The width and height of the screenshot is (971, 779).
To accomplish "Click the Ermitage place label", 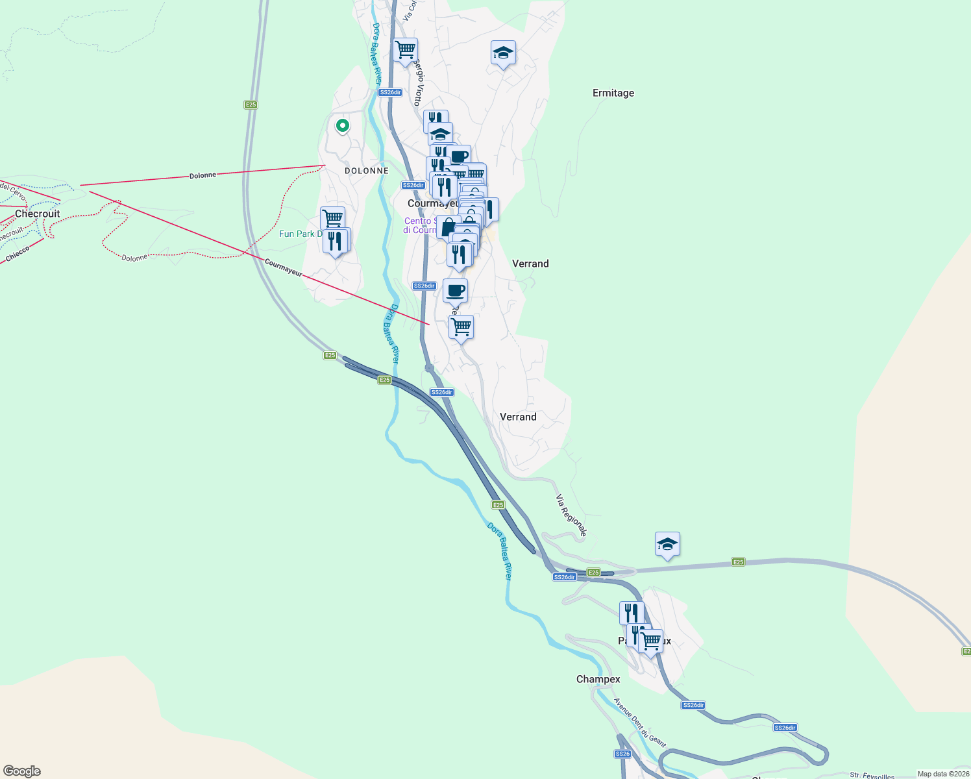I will point(613,93).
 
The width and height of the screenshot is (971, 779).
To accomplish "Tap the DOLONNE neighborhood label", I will point(367,171).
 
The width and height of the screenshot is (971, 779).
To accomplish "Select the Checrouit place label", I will point(37,214).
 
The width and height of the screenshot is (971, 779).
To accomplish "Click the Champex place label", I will point(598,679).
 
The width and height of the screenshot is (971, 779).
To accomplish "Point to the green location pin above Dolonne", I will point(342,125).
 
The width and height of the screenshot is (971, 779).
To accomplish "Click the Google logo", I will point(22,771).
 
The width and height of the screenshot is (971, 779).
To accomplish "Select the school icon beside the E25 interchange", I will point(667,544).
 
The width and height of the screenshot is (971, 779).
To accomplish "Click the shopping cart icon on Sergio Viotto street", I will point(405,49).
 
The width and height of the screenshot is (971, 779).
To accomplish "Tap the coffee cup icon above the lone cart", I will point(455,290).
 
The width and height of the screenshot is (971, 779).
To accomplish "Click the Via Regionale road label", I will point(571,515).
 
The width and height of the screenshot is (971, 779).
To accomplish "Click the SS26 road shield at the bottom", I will point(622,754).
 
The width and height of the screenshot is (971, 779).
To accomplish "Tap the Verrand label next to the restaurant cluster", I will point(530,264).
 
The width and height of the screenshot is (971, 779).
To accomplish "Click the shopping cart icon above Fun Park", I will point(332,217).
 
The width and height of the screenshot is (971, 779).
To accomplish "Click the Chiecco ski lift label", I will point(18,254).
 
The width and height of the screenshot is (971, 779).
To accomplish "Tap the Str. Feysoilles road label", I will point(872,775).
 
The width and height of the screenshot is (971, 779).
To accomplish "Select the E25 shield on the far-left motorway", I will point(251,105).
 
